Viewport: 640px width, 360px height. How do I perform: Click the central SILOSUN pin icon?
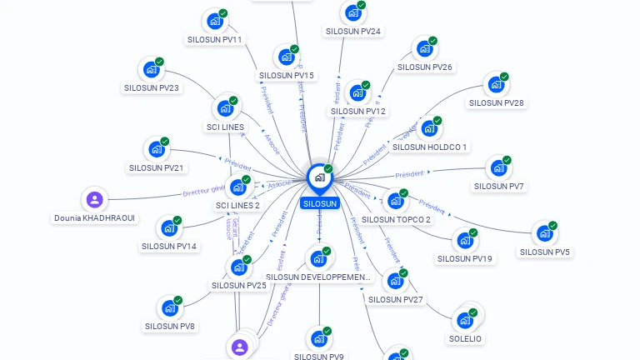click(319, 177)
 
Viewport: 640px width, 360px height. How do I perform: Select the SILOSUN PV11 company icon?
click(215, 21)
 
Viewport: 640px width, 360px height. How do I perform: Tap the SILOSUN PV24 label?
click(353, 32)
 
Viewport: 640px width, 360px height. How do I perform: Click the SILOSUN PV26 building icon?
click(424, 48)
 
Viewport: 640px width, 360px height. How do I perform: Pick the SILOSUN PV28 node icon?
click(496, 85)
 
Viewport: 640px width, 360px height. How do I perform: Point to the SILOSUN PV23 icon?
click(151, 69)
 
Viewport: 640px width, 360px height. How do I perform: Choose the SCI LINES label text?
click(225, 127)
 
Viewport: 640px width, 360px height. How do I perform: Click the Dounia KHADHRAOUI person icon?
click(95, 200)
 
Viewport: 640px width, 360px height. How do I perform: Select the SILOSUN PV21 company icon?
click(156, 150)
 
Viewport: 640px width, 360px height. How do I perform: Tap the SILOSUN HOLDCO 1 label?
click(429, 147)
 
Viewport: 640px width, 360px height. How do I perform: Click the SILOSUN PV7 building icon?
click(498, 168)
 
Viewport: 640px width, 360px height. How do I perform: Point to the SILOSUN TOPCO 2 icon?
click(395, 202)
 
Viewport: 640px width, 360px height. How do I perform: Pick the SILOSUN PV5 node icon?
click(544, 233)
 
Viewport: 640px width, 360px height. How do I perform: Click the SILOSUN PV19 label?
click(465, 258)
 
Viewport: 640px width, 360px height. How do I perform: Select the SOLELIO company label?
click(466, 339)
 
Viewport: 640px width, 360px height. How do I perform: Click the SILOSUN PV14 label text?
click(169, 247)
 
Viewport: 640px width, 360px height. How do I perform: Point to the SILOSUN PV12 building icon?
click(357, 92)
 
